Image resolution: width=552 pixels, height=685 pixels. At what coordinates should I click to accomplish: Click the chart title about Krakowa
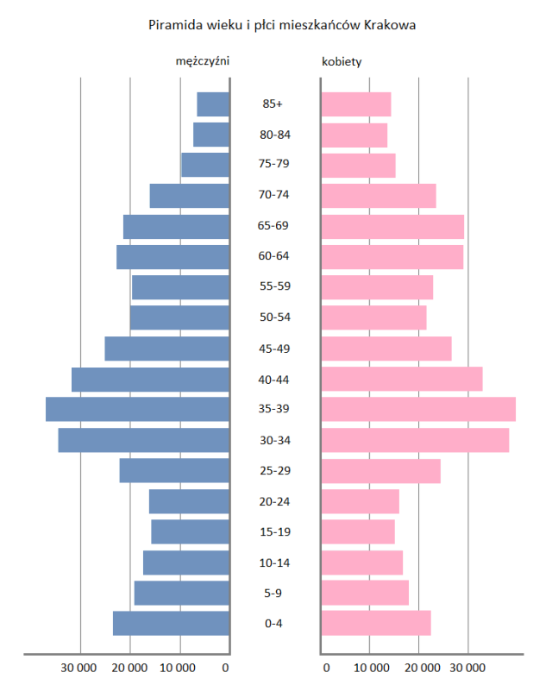pos(283,26)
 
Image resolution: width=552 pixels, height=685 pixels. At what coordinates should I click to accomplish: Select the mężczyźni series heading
pos(203,61)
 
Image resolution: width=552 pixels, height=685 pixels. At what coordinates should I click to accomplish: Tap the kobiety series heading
pos(342,61)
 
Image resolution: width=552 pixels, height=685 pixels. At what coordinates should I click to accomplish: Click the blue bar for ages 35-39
pos(138,410)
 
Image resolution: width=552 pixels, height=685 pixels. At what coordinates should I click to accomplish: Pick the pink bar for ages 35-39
pos(418,410)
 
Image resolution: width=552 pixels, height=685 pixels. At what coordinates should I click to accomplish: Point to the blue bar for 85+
pos(213,104)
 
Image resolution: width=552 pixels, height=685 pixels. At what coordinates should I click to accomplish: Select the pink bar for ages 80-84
pos(354,135)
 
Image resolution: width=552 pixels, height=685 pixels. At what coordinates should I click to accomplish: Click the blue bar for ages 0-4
pos(172,623)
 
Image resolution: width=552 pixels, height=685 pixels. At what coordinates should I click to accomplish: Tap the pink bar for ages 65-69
pos(392,227)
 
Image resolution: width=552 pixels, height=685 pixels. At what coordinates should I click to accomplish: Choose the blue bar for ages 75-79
pos(205,166)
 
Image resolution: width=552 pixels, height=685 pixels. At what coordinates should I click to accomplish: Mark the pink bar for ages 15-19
pos(358,531)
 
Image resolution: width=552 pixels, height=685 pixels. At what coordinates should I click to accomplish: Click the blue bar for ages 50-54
pos(179,318)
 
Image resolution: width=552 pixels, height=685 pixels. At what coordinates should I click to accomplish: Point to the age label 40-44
pos(273,380)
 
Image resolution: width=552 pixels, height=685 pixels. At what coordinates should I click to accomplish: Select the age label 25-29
pos(273,471)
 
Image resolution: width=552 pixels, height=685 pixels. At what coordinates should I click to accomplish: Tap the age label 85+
pos(273,104)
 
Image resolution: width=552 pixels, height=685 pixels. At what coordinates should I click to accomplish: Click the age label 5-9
pos(273,593)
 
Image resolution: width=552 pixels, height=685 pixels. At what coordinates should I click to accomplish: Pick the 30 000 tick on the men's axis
pos(78,667)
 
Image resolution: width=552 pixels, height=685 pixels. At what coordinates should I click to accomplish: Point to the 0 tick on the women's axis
pos(325,667)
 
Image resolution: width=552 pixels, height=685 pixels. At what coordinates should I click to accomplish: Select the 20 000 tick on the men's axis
pos(129,667)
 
